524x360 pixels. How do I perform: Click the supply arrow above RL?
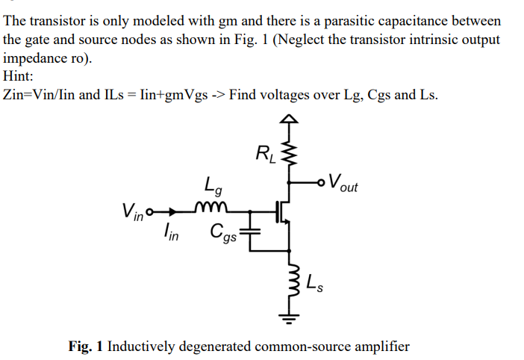click(289, 119)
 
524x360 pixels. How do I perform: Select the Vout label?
click(343, 181)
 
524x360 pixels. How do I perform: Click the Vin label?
click(130, 211)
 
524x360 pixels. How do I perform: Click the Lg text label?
click(211, 184)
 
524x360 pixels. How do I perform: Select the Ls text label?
click(314, 284)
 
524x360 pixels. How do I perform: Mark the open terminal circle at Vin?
click(149, 211)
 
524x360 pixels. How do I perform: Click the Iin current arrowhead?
click(173, 211)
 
